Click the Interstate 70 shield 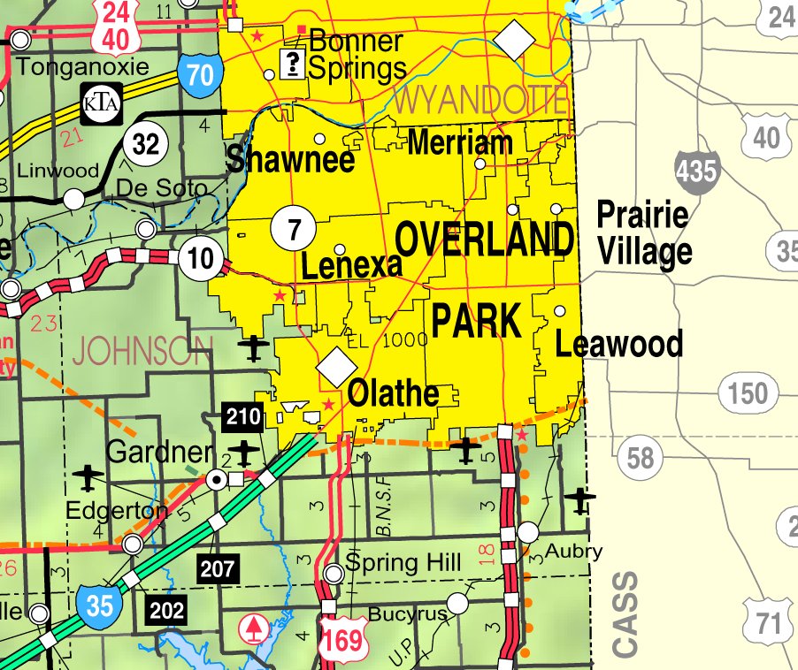[x=201, y=75]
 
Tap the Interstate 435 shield [x=695, y=171]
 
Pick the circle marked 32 [x=145, y=143]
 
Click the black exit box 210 [x=243, y=416]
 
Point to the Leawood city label [x=618, y=343]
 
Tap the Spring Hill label [x=403, y=562]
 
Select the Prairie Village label [x=643, y=233]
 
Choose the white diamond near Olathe [x=336, y=367]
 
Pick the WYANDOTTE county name [x=480, y=101]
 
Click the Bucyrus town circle [x=457, y=604]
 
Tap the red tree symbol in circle [x=256, y=628]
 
